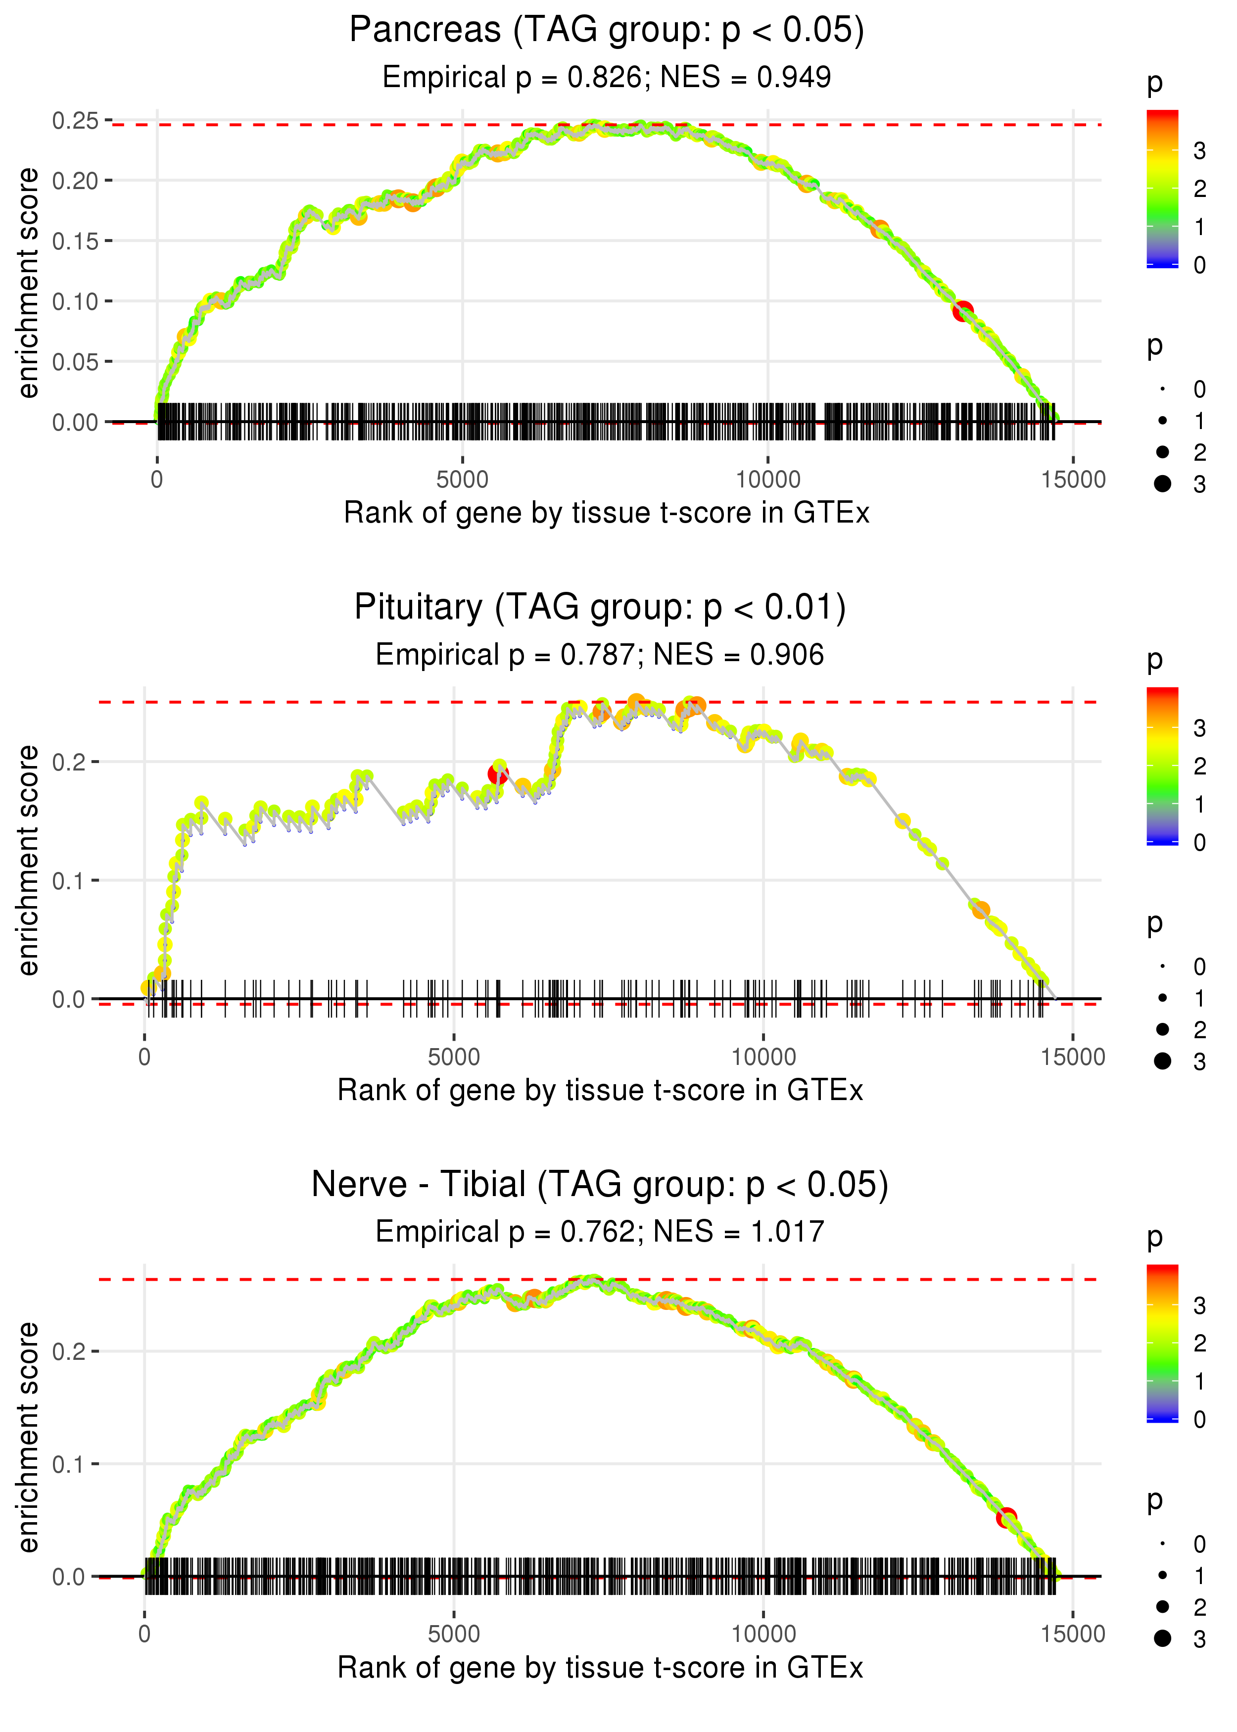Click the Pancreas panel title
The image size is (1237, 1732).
pos(606,31)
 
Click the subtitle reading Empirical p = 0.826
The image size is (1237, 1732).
pos(606,77)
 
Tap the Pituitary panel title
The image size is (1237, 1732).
pos(600,608)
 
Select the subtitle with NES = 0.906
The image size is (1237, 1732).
pos(600,655)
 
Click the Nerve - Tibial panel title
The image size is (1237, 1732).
pos(600,1185)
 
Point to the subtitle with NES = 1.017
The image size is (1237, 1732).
pos(600,1232)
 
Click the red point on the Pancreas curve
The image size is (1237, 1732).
pos(963,311)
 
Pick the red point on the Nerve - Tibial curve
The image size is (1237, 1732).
pos(1006,1517)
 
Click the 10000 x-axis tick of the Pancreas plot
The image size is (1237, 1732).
pos(768,480)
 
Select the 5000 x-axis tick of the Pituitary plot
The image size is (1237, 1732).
pos(454,1057)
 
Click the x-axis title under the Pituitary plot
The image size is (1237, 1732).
pos(600,1091)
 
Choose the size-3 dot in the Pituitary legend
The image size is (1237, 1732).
pos(1162,1061)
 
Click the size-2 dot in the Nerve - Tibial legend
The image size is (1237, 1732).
pos(1162,1606)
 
